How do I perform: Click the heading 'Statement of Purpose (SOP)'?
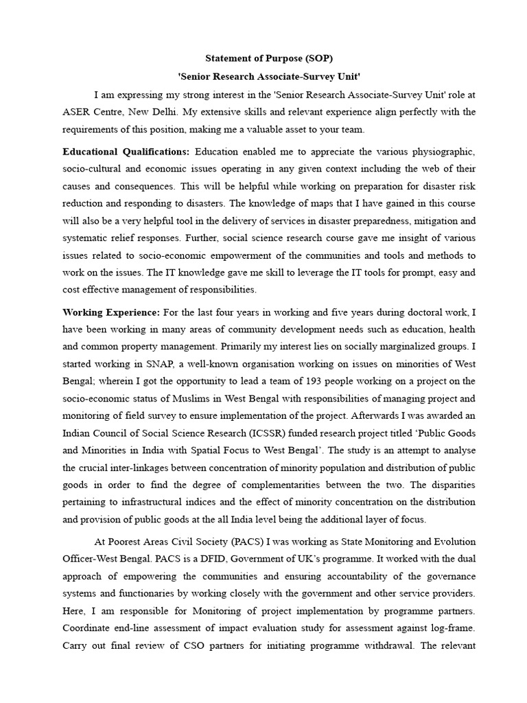coord(264,59)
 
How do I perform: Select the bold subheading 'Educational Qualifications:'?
coord(126,150)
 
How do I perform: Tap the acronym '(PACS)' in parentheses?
coord(209,542)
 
